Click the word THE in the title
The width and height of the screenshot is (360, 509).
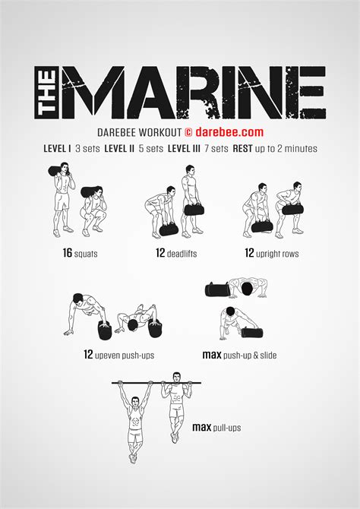[47, 92]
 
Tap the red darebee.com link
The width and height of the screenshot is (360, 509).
[229, 132]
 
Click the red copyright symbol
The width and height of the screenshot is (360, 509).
[188, 132]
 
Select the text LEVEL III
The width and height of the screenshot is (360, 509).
[184, 149]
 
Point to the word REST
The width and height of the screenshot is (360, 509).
[242, 149]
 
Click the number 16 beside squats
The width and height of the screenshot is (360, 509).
[68, 253]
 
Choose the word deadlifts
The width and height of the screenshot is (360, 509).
[182, 254]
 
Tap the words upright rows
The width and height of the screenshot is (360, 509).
[277, 254]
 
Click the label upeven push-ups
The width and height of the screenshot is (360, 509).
[125, 355]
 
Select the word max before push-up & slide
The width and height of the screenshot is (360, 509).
[212, 355]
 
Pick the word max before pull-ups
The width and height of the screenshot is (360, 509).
[202, 427]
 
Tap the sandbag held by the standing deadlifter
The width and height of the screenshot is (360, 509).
[194, 210]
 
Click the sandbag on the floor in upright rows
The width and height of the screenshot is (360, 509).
[262, 226]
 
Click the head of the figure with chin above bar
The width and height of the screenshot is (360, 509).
[176, 378]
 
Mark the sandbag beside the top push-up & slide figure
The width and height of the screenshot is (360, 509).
[217, 289]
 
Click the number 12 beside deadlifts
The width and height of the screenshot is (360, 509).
[160, 253]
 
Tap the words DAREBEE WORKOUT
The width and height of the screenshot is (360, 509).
[139, 133]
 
